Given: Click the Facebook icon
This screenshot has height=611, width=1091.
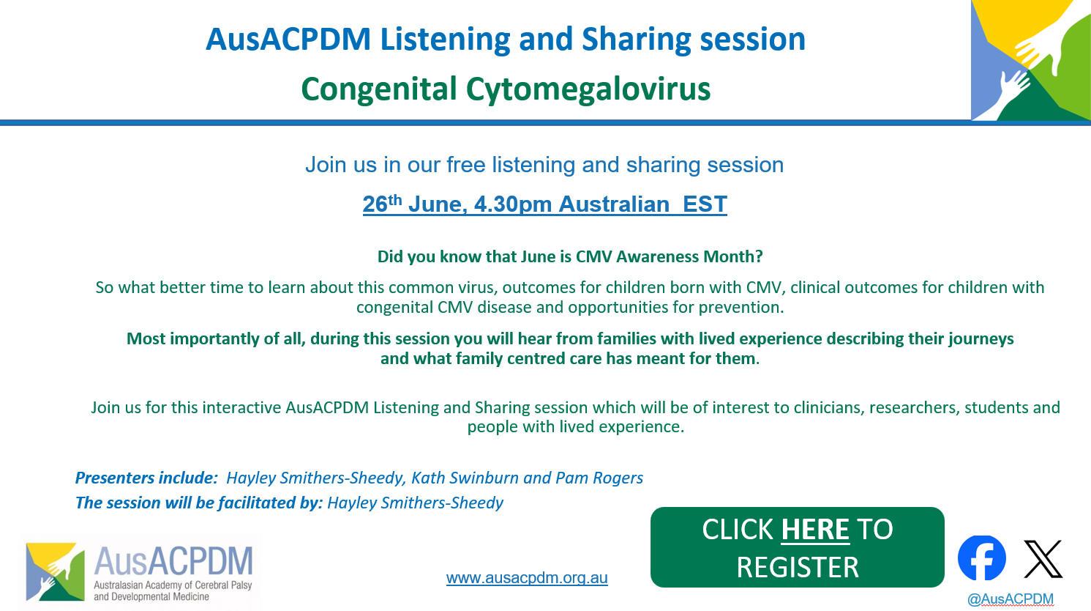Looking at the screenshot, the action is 981,558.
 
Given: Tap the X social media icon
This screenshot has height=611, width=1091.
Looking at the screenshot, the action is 1043,558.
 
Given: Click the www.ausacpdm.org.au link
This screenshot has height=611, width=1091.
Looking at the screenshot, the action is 527,578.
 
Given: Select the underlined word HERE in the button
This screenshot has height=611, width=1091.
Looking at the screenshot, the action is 815,529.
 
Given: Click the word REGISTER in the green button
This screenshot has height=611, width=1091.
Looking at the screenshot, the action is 798,567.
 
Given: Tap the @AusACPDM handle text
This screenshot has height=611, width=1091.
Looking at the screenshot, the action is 1011,599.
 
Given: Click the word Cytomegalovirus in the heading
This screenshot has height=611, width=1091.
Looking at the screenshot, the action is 588,89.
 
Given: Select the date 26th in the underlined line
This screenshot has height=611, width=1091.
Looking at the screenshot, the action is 382,204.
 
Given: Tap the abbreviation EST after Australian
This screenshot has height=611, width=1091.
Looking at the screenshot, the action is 705,204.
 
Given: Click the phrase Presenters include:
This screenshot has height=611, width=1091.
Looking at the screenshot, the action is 146,478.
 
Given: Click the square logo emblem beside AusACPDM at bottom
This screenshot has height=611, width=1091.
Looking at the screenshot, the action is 55,571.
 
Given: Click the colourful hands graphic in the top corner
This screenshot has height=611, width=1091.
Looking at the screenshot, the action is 1030,60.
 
